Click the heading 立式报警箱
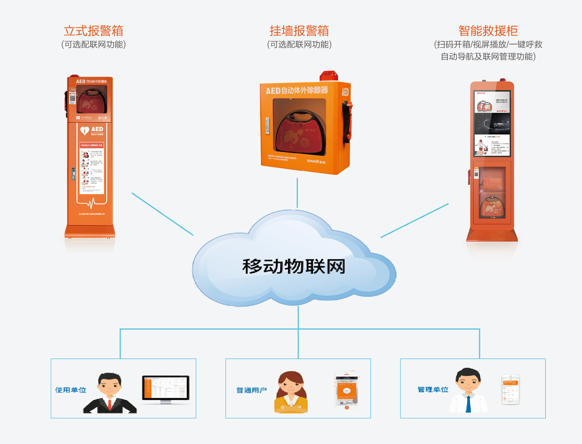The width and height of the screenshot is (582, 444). pyautogui.click(x=94, y=31)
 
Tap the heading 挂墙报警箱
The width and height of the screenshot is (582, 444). pyautogui.click(x=299, y=31)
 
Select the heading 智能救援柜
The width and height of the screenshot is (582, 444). pyautogui.click(x=488, y=31)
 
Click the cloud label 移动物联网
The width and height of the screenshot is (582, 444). pyautogui.click(x=294, y=267)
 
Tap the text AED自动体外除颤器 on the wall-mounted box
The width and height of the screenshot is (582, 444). pyautogui.click(x=297, y=90)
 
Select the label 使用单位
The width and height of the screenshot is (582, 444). pyautogui.click(x=71, y=390)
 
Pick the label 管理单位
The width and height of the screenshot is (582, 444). pyautogui.click(x=433, y=390)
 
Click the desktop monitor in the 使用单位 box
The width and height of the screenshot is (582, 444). pyautogui.click(x=165, y=389)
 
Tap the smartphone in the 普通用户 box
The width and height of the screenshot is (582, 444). pyautogui.click(x=346, y=391)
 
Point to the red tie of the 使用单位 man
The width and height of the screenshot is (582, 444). pyautogui.click(x=110, y=404)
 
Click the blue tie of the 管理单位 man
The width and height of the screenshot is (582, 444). pyautogui.click(x=469, y=404)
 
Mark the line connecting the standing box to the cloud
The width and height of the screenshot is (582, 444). pyautogui.click(x=162, y=214)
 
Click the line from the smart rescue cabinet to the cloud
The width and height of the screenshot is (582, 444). pyautogui.click(x=414, y=221)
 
